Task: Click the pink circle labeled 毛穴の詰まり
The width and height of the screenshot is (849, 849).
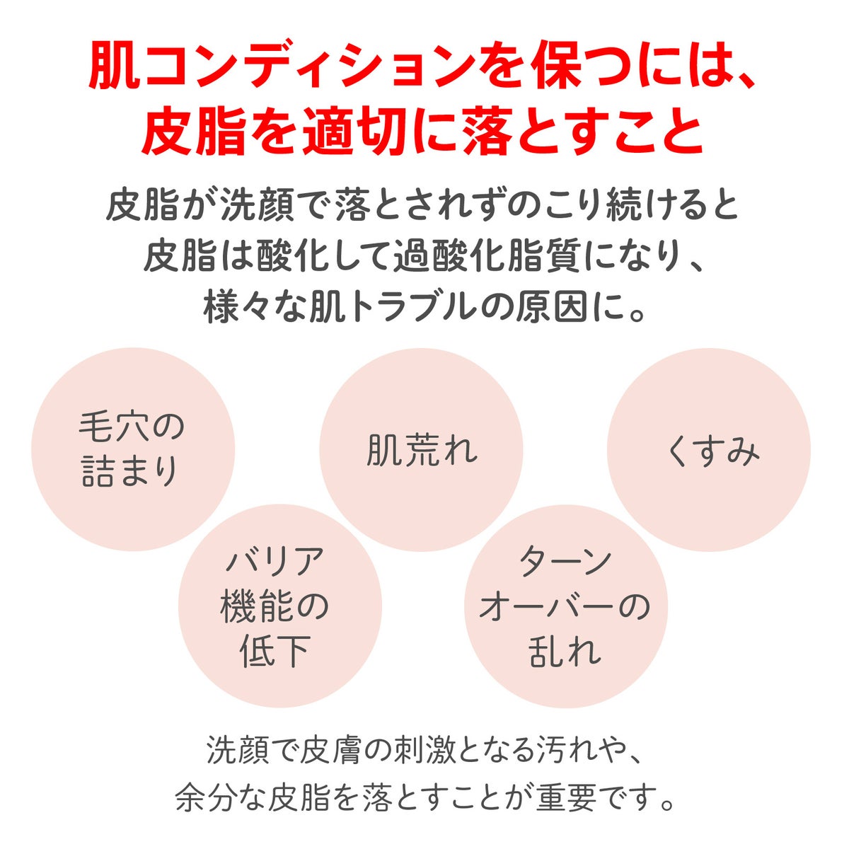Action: [133, 449]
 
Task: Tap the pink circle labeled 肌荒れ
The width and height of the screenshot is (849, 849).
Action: [421, 450]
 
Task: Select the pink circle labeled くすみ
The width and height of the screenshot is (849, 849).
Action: [709, 449]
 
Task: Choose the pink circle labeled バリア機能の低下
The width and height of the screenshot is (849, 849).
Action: [279, 606]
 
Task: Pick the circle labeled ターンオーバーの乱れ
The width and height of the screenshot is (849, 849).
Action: [566, 606]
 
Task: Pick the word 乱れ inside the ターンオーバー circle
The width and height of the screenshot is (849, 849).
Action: [565, 650]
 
